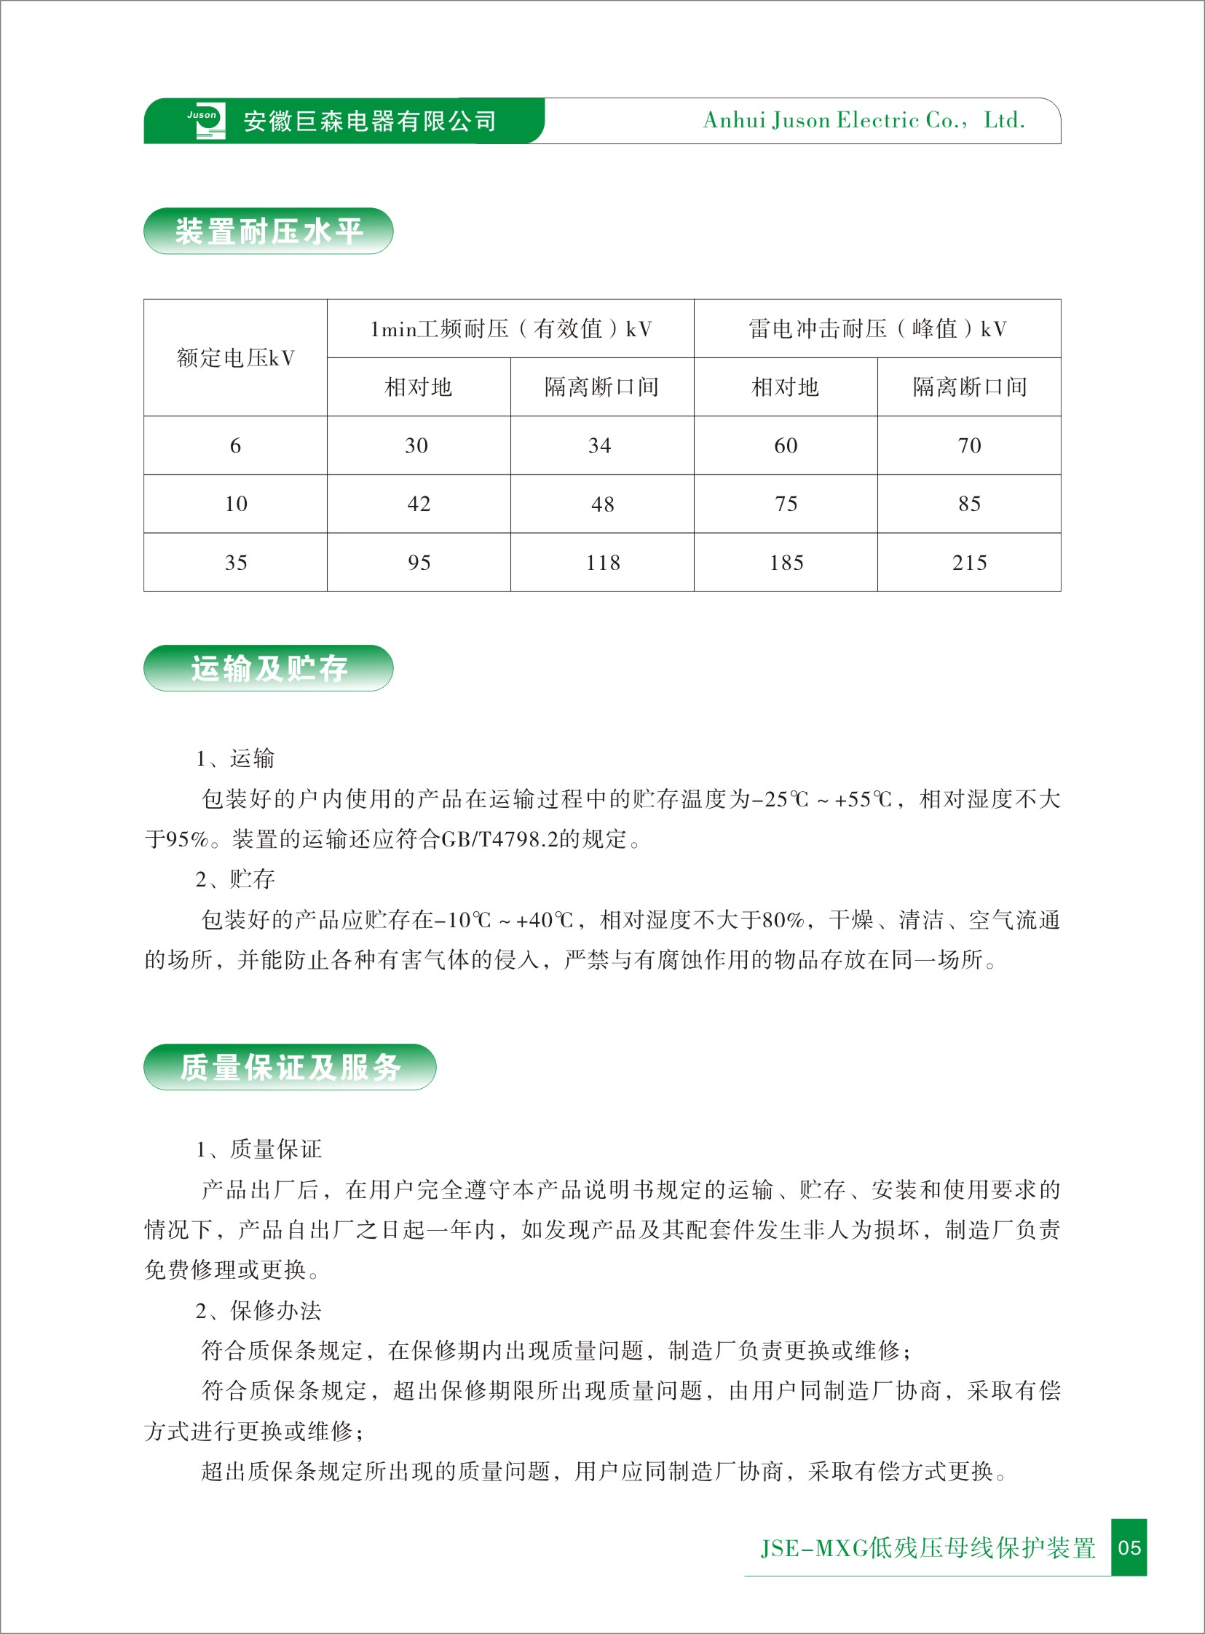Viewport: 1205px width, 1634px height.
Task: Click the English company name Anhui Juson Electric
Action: click(864, 120)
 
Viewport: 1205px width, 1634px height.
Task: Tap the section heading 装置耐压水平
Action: click(269, 232)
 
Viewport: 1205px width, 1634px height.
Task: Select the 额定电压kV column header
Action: click(236, 358)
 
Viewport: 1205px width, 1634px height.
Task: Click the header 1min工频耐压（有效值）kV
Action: click(510, 329)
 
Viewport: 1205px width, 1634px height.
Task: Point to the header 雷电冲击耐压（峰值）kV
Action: click(877, 329)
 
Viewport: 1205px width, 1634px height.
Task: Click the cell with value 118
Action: click(603, 563)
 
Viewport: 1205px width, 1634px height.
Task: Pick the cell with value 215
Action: click(968, 563)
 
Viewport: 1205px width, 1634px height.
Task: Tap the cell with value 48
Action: click(603, 504)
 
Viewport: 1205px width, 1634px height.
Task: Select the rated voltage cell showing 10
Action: click(236, 504)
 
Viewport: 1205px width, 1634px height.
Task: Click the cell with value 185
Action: click(786, 563)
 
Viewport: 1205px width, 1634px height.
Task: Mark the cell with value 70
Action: click(968, 445)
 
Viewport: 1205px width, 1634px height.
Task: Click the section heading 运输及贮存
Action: click(269, 669)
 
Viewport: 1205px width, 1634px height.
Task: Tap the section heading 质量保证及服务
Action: click(290, 1068)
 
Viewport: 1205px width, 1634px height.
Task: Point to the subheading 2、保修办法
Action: click(258, 1311)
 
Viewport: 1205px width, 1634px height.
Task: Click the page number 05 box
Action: click(1129, 1547)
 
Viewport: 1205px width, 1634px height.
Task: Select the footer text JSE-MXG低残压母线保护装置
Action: click(928, 1547)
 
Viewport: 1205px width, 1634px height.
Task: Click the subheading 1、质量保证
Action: click(258, 1150)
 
